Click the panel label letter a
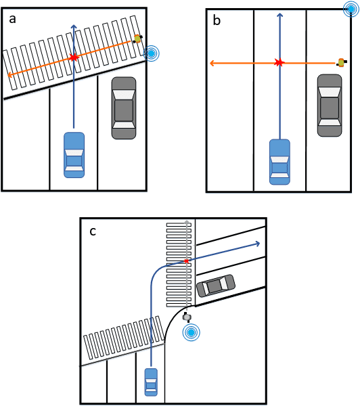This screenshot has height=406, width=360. (x=13, y=20)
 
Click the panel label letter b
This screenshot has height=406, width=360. (x=217, y=20)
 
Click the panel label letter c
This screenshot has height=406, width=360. (x=92, y=231)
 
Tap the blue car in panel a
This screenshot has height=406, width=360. (x=74, y=155)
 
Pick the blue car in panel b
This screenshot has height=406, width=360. (x=279, y=162)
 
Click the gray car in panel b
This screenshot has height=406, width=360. (x=330, y=106)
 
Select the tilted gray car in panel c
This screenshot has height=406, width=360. (x=215, y=286)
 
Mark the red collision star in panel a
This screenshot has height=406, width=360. (x=74, y=58)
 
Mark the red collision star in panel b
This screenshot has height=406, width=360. (x=279, y=63)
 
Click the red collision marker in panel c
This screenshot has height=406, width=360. (x=187, y=261)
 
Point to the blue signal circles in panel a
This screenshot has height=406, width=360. (x=152, y=52)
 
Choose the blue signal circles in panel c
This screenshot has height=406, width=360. (x=192, y=332)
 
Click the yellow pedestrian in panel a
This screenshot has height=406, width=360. (x=137, y=39)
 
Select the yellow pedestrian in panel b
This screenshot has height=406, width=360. (x=341, y=63)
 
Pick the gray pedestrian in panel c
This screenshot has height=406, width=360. (x=187, y=316)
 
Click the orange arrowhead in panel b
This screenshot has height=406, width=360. (x=212, y=63)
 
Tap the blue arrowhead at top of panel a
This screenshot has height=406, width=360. (x=74, y=26)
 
